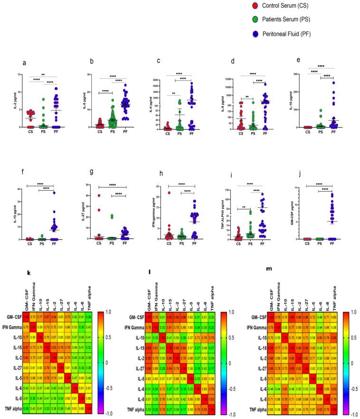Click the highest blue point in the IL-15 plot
(x=54, y=192)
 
